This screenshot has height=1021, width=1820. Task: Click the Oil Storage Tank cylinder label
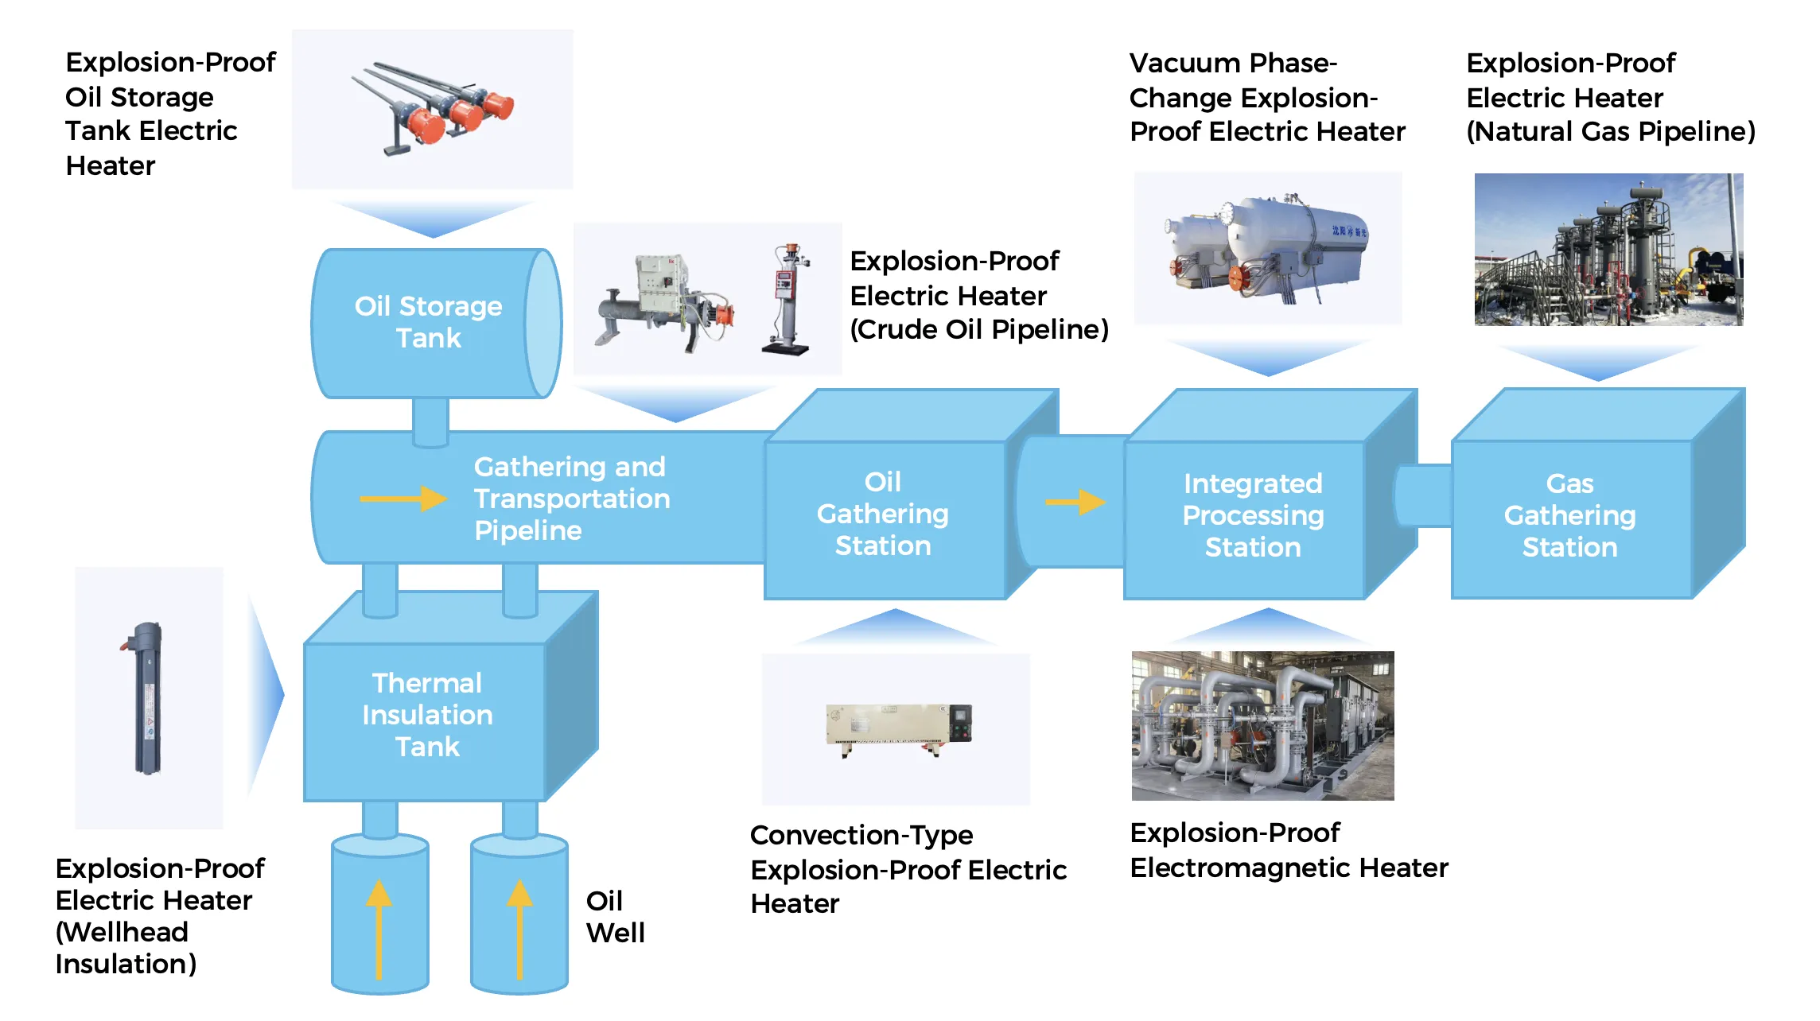coord(428,322)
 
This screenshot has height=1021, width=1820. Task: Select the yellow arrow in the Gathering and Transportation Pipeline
coord(403,499)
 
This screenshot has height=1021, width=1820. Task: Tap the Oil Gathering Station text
coord(882,514)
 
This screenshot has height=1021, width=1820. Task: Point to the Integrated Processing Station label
coord(1253,515)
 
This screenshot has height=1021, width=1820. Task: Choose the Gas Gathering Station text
coord(1569,515)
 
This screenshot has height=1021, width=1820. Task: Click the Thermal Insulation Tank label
coord(427,715)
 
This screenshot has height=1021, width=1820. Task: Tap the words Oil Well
coord(615,916)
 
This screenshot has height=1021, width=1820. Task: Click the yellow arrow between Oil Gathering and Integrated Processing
coord(1075,502)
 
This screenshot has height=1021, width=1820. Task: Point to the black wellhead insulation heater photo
coord(148,697)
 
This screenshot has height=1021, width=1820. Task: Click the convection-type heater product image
coord(898,728)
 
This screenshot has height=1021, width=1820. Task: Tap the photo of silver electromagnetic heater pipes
coord(1262,725)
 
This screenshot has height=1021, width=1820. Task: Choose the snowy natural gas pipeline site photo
coord(1608,249)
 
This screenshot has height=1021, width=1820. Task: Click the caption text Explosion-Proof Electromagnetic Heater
coord(1289,850)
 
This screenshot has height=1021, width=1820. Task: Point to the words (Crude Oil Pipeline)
coord(979,329)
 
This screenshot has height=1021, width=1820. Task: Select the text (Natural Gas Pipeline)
coord(1611,131)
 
